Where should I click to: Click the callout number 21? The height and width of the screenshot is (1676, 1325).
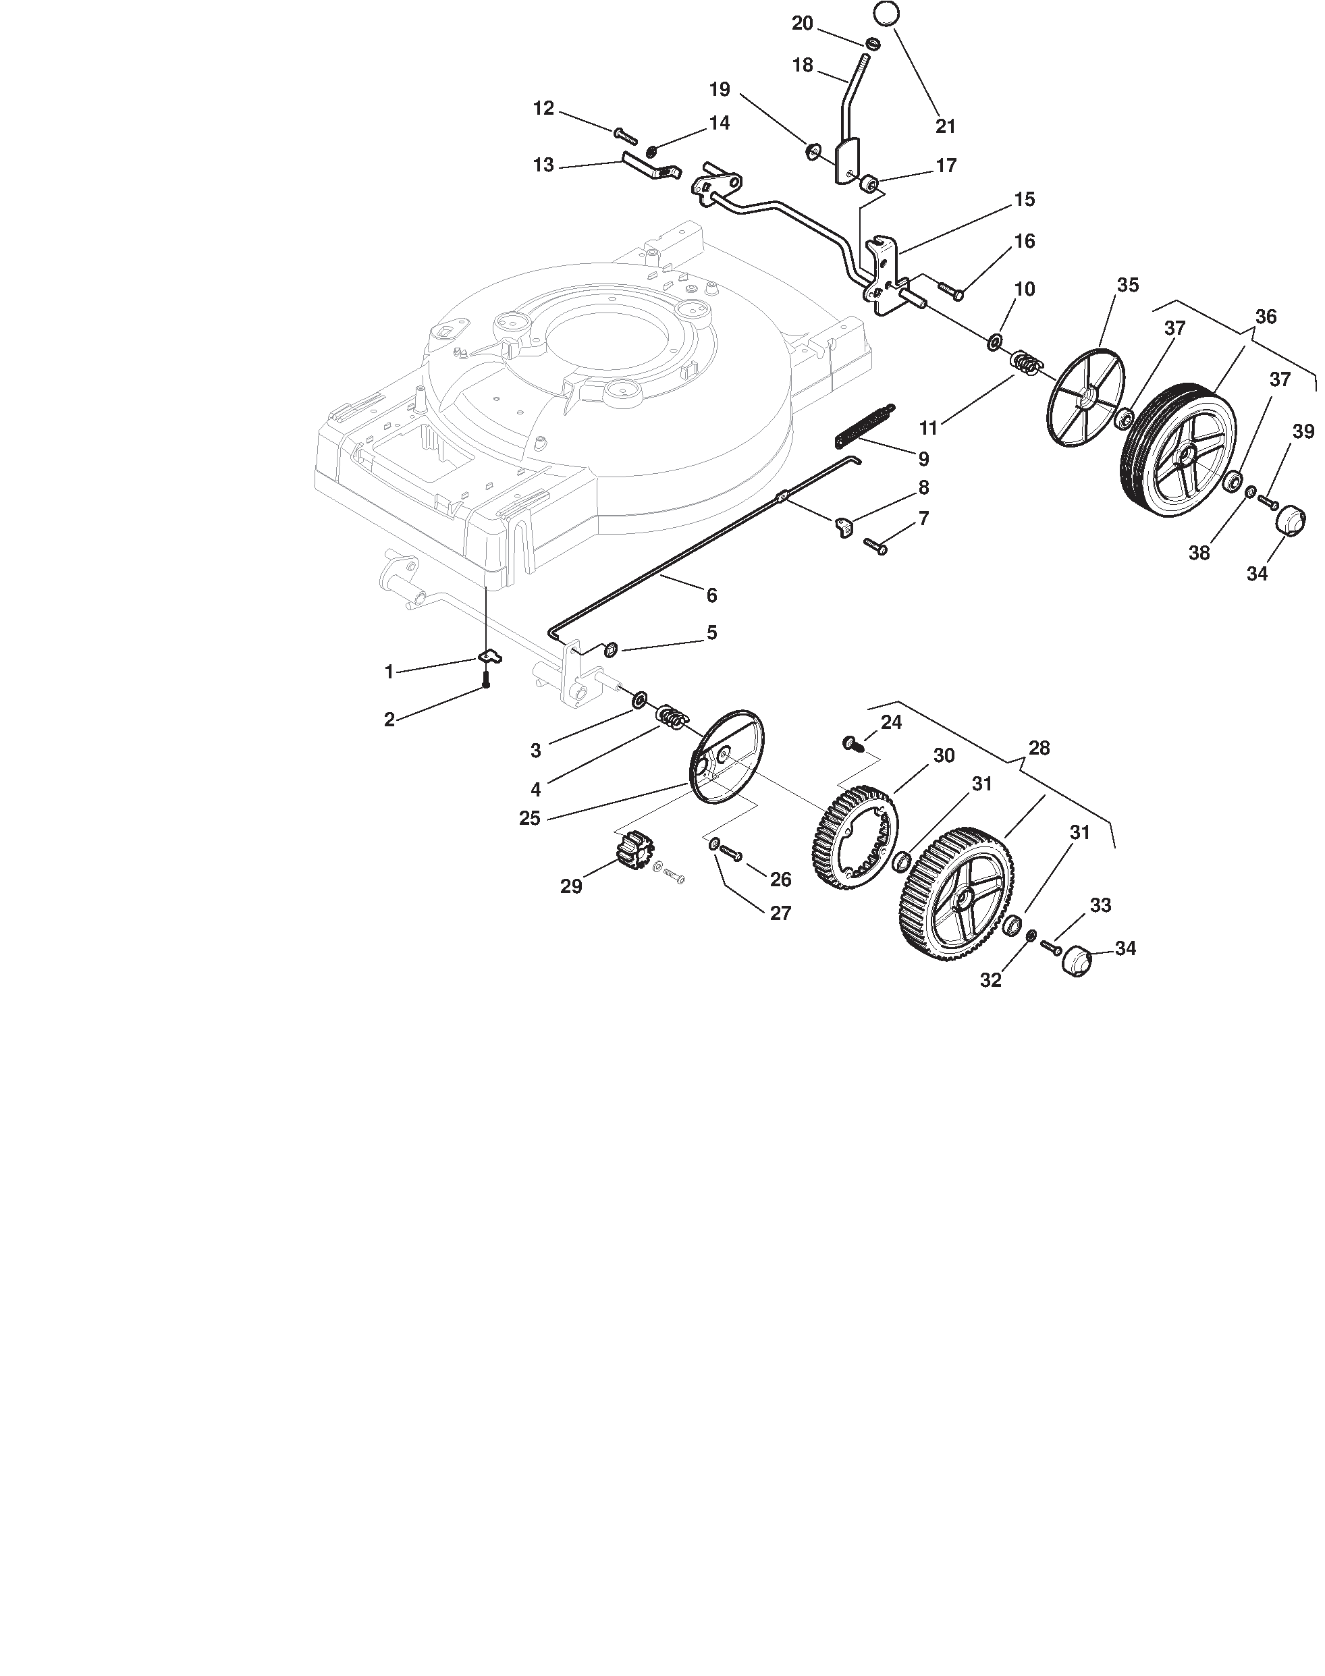tap(945, 126)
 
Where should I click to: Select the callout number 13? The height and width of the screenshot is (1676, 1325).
tap(544, 165)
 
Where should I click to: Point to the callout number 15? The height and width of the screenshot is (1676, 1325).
tap(1024, 199)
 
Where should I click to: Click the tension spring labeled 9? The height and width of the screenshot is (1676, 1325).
tap(864, 426)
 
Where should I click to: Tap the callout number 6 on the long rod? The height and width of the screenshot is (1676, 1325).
tap(711, 595)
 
